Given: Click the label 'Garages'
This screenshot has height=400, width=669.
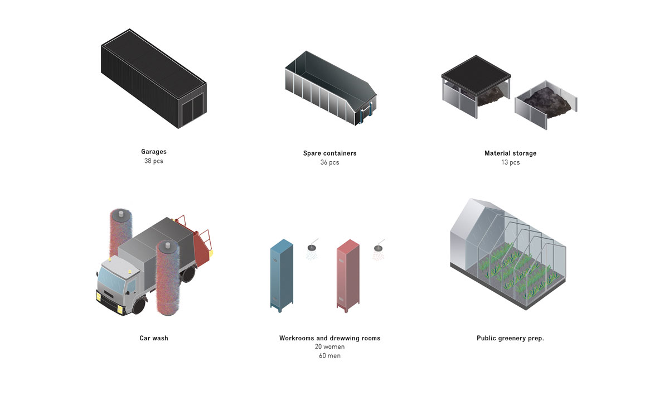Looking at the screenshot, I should [153, 152].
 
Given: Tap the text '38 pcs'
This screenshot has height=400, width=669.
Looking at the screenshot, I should [153, 161].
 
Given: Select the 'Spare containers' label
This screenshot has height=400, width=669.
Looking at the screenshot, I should [329, 153].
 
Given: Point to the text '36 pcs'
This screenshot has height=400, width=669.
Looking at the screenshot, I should [329, 163].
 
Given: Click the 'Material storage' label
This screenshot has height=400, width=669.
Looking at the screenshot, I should [510, 153].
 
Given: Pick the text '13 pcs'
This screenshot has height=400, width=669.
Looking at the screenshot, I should [510, 163].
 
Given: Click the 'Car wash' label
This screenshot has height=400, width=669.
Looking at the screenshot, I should [153, 338].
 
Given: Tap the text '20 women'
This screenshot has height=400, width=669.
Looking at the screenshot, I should [329, 347].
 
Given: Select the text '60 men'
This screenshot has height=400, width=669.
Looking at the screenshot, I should [329, 356].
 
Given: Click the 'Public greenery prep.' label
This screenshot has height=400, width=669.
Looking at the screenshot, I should [510, 338].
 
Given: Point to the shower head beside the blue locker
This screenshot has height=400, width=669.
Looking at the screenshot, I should [313, 247].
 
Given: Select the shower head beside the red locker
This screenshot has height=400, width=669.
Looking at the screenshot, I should [380, 247].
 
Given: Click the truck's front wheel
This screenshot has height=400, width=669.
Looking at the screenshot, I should [138, 305].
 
